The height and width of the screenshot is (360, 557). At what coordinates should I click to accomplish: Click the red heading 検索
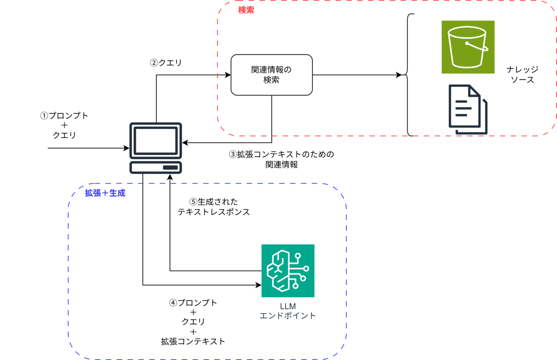pyautogui.click(x=246, y=10)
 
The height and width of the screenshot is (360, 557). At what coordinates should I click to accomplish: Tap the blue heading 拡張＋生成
pyautogui.click(x=105, y=193)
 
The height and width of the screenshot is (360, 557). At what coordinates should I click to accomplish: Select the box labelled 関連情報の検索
pyautogui.click(x=272, y=75)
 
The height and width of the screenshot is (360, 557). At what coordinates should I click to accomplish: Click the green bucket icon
pyautogui.click(x=468, y=47)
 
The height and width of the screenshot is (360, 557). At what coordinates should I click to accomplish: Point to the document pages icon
pyautogui.click(x=468, y=109)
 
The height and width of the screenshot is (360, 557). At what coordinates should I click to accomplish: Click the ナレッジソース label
pyautogui.click(x=522, y=75)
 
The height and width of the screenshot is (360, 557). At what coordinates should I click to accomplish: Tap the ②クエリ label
pyautogui.click(x=166, y=63)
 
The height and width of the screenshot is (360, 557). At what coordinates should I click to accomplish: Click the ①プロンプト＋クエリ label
pyautogui.click(x=64, y=126)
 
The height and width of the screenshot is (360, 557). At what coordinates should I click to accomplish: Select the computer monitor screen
pyautogui.click(x=156, y=140)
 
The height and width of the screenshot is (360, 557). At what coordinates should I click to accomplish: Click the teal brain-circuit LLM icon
pyautogui.click(x=288, y=270)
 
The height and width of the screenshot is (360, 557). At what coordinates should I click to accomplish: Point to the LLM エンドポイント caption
pyautogui.click(x=288, y=311)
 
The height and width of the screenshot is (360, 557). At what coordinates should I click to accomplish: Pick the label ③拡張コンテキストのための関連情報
pyautogui.click(x=282, y=159)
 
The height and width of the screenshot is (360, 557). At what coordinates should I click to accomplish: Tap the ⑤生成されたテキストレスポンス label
pyautogui.click(x=213, y=207)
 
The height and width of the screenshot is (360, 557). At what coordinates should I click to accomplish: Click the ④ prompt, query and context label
pyautogui.click(x=193, y=322)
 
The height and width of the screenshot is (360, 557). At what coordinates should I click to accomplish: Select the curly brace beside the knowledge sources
pyautogui.click(x=408, y=75)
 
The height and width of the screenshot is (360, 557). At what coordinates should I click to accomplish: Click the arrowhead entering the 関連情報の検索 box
pyautogui.click(x=228, y=75)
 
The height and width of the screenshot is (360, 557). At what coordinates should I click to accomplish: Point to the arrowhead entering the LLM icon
pyautogui.click(x=258, y=285)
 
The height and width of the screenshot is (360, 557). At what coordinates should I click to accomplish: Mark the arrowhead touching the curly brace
pyautogui.click(x=399, y=75)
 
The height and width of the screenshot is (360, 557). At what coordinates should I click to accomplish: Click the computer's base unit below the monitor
pyautogui.click(x=156, y=167)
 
